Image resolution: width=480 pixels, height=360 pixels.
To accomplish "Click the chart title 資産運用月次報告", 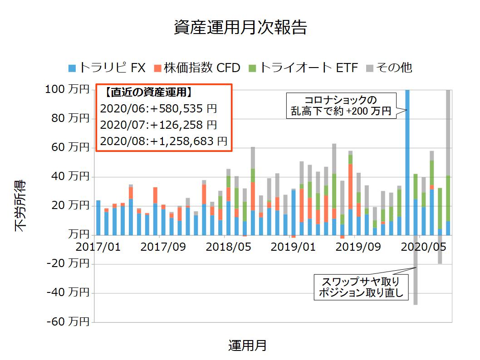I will coord(240,28).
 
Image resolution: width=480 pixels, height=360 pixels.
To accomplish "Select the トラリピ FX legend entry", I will coord(107,68).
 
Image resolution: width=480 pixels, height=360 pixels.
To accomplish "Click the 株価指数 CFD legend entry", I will coord(197,68).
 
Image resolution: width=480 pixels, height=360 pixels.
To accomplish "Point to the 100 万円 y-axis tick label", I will coord(67,90).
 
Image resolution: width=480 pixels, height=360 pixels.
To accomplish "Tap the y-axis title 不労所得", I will coord(21,206).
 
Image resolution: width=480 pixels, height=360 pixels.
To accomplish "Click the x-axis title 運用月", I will coord(247,346).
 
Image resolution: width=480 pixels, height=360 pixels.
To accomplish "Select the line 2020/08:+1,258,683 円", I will coord(163,141).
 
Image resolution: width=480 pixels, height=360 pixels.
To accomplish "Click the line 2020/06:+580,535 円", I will coord(158,109).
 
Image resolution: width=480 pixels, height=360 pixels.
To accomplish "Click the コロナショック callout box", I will coord(340,105).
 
